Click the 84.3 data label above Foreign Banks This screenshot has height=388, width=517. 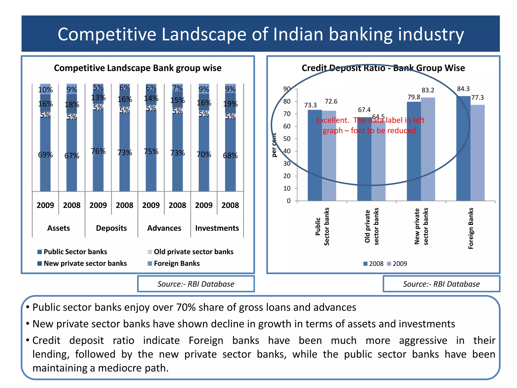pyautogui.click(x=463, y=89)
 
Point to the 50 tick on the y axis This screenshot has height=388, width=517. pyautogui.click(x=287, y=139)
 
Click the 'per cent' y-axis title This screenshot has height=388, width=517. pyautogui.click(x=274, y=145)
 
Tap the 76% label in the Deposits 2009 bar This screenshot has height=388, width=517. pyautogui.click(x=98, y=151)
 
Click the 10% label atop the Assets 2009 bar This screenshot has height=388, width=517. pyautogui.click(x=45, y=90)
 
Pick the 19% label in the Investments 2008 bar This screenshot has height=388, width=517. pyautogui.click(x=230, y=104)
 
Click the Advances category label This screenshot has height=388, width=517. pyautogui.click(x=164, y=228)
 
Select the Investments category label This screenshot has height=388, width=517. pyautogui.click(x=217, y=228)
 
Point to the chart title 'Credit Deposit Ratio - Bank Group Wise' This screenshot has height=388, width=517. pyautogui.click(x=383, y=68)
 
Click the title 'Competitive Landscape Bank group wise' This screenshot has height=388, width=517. pyautogui.click(x=138, y=68)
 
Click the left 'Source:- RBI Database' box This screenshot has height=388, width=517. pyautogui.click(x=196, y=284)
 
